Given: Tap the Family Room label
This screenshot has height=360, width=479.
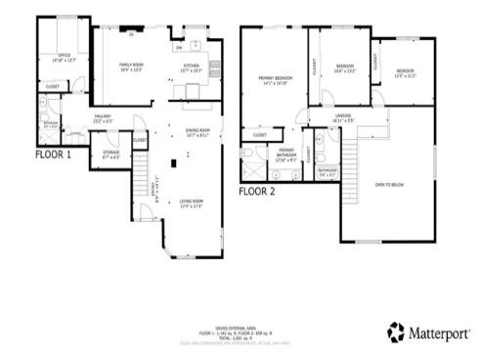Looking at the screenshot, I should pyautogui.click(x=132, y=67).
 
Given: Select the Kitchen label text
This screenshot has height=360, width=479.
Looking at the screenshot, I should pyautogui.click(x=192, y=67).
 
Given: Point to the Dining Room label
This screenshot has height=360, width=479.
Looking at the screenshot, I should pyautogui.click(x=197, y=133).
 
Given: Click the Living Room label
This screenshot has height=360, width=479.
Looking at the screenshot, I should pyautogui.click(x=192, y=203).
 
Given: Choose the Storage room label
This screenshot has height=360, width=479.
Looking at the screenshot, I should pyautogui.click(x=111, y=155).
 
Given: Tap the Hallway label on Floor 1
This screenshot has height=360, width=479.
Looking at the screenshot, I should pyautogui.click(x=103, y=118).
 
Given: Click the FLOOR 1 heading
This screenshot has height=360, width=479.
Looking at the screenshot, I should pyautogui.click(x=54, y=154).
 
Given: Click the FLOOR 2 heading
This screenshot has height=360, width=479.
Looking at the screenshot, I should pyautogui.click(x=257, y=192).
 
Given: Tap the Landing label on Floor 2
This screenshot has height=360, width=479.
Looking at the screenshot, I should pyautogui.click(x=344, y=118).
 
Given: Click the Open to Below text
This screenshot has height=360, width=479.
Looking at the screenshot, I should pyautogui.click(x=388, y=184).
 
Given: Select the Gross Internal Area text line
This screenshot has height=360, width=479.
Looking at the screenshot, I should pyautogui.click(x=239, y=329).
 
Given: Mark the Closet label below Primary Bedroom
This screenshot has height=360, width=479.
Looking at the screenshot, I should pyautogui.click(x=260, y=135).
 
